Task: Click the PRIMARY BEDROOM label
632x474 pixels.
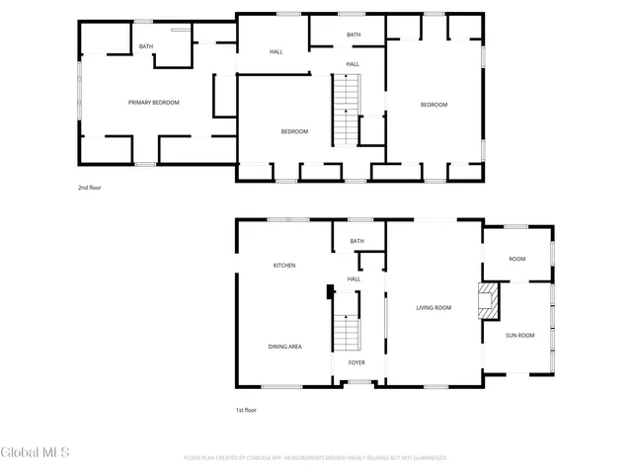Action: (153, 102)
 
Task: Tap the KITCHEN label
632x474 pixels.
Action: (284, 266)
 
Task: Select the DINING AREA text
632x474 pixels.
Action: (284, 347)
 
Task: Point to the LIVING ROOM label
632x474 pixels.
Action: (433, 308)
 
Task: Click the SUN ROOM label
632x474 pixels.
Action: (519, 336)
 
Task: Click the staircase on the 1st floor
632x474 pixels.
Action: (346, 333)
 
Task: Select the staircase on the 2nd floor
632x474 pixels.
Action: (346, 111)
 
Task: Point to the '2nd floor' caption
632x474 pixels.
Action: (90, 187)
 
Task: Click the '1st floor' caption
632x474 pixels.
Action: (247, 409)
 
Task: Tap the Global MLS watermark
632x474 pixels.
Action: (35, 452)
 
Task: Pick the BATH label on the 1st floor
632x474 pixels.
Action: (356, 241)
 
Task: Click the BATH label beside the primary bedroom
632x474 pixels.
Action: (145, 46)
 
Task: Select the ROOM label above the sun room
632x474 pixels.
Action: (516, 259)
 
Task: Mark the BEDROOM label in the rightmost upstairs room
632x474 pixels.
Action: (434, 105)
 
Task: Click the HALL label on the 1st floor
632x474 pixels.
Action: (354, 279)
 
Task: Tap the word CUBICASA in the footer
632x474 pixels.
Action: (280, 458)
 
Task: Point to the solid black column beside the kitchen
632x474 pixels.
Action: (329, 292)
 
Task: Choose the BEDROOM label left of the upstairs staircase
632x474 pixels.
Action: (294, 131)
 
